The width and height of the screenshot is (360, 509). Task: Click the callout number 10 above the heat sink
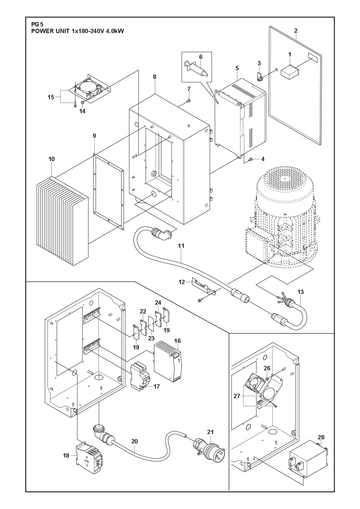pos(51,159)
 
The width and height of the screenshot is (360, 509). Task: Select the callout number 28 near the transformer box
pos(321,437)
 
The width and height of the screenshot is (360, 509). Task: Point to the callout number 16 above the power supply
pos(177,341)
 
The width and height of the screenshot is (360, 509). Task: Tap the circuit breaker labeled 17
pos(140,376)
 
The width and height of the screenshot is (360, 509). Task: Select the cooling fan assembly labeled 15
pos(89,87)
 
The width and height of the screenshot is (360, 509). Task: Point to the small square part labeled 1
pos(290,72)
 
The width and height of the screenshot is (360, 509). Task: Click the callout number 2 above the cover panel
pos(296,31)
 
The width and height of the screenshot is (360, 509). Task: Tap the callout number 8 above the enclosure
pos(154,77)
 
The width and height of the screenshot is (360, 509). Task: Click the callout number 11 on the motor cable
pos(181,246)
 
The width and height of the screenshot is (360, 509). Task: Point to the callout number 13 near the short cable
pos(300,292)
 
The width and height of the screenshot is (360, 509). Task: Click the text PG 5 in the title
pos(35,25)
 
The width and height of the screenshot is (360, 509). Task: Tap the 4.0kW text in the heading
pos(115,31)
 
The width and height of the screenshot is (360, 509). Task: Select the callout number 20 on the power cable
pos(134,441)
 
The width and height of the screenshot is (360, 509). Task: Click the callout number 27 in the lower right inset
pos(237,396)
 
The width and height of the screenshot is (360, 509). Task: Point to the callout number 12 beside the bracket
pos(182,282)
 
